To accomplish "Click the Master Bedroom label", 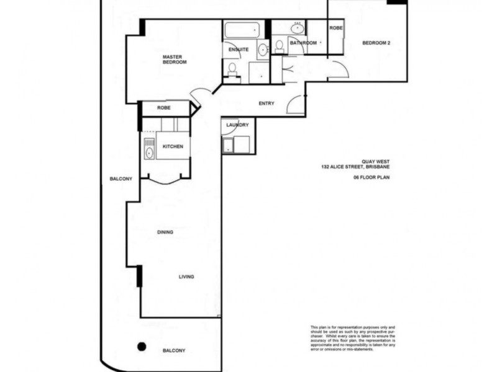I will (x=175, y=60).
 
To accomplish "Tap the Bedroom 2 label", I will (x=376, y=43).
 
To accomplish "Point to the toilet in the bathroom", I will (x=280, y=45).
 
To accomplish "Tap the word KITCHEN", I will (x=172, y=146).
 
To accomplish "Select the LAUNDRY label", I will (x=237, y=125).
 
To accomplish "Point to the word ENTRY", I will (x=266, y=104).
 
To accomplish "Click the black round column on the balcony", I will (x=142, y=346).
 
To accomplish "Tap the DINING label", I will (x=165, y=232).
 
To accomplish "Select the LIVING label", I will (x=186, y=277).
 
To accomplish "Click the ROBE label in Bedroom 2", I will (x=335, y=28).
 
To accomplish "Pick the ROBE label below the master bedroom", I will (x=164, y=108).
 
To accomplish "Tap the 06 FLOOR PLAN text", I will (x=375, y=177).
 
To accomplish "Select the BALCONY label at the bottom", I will (x=174, y=350).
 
